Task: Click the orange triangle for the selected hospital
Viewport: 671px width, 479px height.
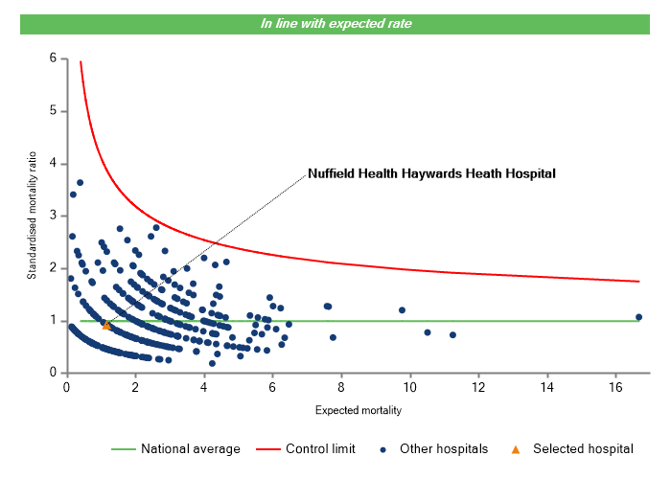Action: pyautogui.click(x=106, y=325)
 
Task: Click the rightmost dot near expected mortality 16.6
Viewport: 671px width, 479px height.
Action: pyautogui.click(x=638, y=317)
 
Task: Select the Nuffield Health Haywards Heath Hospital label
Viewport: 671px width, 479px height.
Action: pyautogui.click(x=431, y=174)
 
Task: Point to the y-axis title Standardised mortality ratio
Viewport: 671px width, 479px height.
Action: pyautogui.click(x=32, y=216)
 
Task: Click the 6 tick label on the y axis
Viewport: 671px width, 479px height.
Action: pyautogui.click(x=54, y=58)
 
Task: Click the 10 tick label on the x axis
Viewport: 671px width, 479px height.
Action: pyautogui.click(x=410, y=387)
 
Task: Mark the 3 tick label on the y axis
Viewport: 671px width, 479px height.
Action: pyautogui.click(x=54, y=216)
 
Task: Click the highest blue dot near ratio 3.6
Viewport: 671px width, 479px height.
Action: pyautogui.click(x=81, y=183)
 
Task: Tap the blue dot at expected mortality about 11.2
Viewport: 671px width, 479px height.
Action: pyautogui.click(x=452, y=334)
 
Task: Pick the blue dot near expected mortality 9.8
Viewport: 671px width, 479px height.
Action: pyautogui.click(x=402, y=310)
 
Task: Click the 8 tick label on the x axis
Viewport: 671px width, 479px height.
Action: pyautogui.click(x=341, y=387)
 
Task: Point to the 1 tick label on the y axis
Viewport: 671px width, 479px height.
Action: pyautogui.click(x=54, y=321)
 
